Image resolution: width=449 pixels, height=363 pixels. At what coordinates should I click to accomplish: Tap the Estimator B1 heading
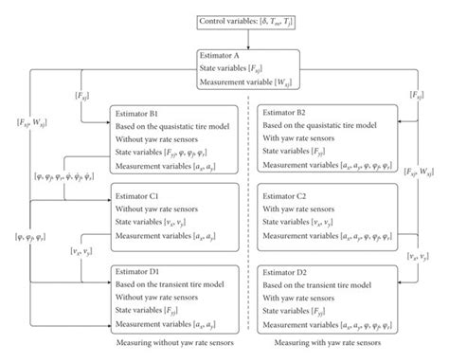point(138,111)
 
